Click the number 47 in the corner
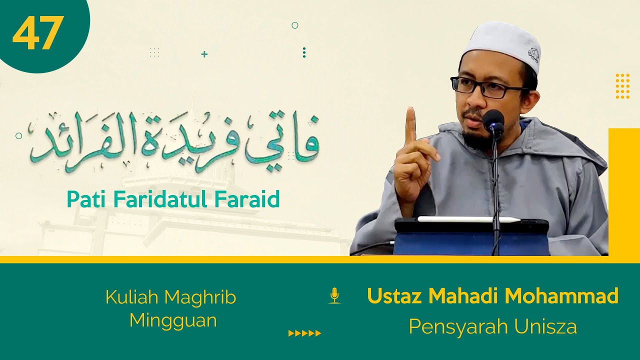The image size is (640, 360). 38,33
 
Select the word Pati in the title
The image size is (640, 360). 85,199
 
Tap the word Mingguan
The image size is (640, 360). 173,320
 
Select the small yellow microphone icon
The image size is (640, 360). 334,295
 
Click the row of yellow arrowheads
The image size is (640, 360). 304,333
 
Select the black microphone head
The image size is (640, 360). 493,120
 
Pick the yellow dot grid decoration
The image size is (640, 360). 622,86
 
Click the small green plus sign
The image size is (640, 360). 204,54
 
